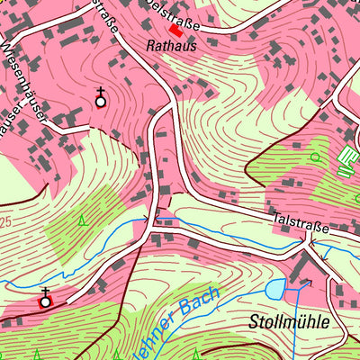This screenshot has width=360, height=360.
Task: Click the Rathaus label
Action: [169, 43]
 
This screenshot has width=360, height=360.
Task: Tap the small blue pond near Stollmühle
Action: [274, 289]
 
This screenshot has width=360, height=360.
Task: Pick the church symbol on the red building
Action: [45, 299]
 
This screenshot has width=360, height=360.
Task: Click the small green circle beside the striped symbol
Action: [315, 157]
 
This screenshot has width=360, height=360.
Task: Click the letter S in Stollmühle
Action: [253, 322]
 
